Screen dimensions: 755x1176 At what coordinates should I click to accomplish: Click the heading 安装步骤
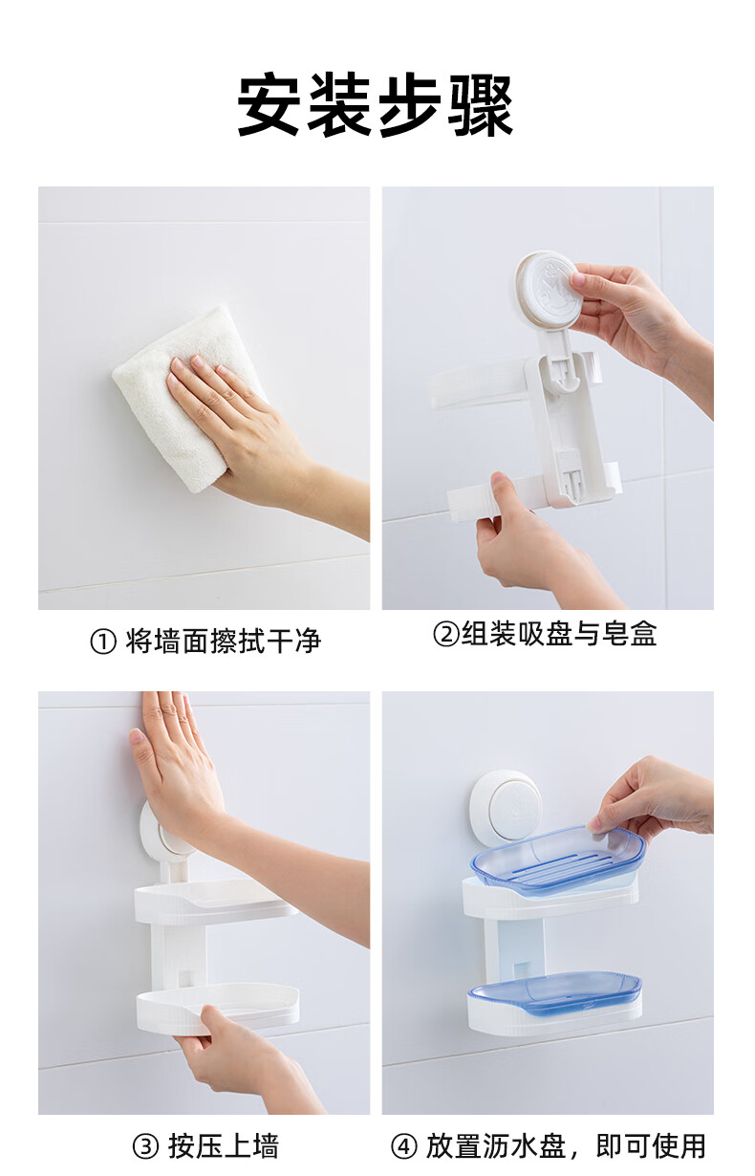[375, 105]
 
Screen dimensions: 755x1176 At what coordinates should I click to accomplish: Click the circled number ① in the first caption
[103, 642]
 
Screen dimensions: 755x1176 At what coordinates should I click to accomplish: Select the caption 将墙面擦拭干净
[223, 641]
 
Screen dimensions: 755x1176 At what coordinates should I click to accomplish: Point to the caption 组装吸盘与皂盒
[559, 633]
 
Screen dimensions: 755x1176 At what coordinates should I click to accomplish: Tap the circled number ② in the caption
[446, 633]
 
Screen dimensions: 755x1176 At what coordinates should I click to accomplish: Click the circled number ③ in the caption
[146, 1146]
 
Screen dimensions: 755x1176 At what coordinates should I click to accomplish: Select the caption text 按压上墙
[224, 1146]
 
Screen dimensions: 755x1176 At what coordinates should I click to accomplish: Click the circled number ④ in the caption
[404, 1146]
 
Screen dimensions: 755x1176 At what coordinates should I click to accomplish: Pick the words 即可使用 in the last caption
[651, 1146]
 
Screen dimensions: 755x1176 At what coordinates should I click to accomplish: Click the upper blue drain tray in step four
[557, 859]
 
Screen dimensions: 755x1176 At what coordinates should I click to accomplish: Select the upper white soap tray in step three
[215, 901]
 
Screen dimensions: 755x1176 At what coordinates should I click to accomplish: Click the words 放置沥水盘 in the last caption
[495, 1146]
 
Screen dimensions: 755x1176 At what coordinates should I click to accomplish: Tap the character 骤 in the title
[480, 105]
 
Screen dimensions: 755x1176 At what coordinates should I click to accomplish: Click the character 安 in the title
[270, 105]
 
